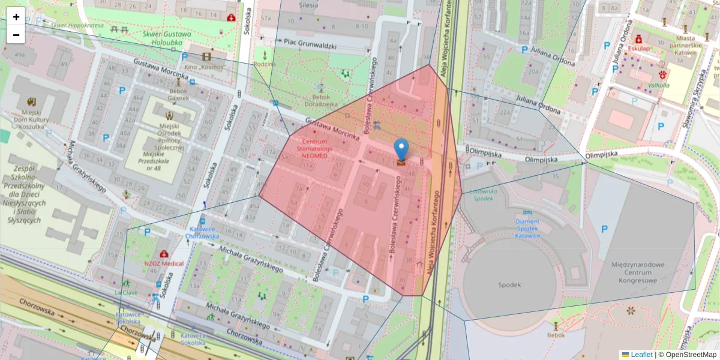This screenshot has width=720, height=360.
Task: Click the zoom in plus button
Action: pos(16,17)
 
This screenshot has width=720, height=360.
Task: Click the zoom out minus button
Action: pos(16,35)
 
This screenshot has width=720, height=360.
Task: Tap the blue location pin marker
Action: pos(401,150)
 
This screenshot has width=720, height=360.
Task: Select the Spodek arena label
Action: pos(509,284)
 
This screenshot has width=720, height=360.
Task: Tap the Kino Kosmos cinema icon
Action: pos(207,57)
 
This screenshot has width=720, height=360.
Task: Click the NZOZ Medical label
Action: pos(164,263)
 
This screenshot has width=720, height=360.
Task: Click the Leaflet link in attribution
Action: pos(641,355)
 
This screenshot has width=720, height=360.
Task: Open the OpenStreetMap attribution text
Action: pos(687,355)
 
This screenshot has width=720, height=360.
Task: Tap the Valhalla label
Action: pos(658,86)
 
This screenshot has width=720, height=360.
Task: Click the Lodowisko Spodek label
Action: pos(485,194)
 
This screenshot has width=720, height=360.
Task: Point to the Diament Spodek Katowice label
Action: pos(527,228)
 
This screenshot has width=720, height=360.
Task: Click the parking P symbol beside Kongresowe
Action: pos(604,229)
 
